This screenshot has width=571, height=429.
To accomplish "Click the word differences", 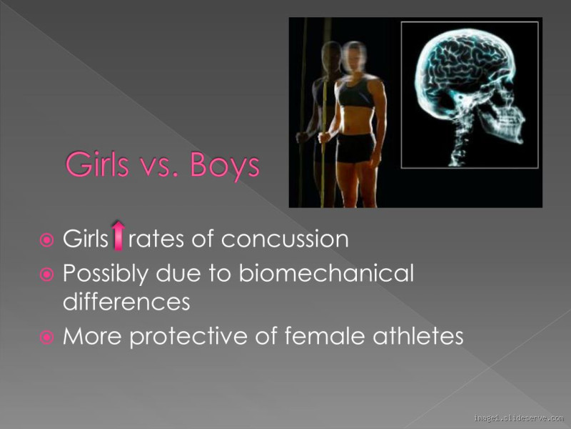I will (126, 302).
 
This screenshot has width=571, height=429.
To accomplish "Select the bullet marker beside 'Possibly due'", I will (47, 274).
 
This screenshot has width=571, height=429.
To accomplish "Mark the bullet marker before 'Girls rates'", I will (47, 240).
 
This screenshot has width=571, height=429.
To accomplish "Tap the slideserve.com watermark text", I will (518, 418).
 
